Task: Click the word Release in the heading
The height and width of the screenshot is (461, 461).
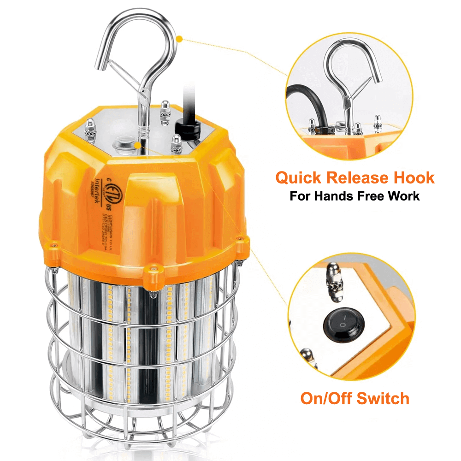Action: click(360, 178)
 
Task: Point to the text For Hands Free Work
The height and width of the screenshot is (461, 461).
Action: click(355, 196)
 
